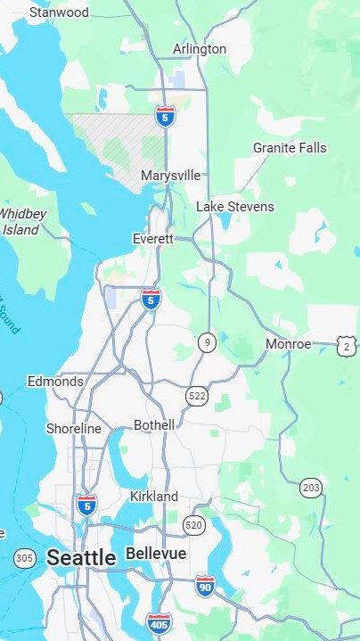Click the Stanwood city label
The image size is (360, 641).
[59, 12]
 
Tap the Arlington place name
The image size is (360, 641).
[200, 49]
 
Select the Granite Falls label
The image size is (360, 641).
[290, 148]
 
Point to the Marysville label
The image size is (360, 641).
[170, 176]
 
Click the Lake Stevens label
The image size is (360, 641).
[235, 207]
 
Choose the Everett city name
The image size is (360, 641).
[152, 239]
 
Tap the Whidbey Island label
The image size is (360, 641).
[21, 221]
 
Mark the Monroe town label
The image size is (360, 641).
[288, 343]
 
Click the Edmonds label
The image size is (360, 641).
[55, 382]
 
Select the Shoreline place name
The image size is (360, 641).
[74, 429]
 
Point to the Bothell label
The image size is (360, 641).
[154, 425]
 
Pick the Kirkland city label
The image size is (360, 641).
[154, 496]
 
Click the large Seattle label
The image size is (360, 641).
[81, 558]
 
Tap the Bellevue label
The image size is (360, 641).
[156, 554]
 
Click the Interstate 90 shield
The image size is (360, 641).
[205, 586]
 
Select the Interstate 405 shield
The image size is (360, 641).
[159, 621]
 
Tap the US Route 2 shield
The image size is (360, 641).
[346, 345]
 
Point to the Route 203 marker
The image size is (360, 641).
[311, 487]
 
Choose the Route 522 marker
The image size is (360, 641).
[197, 394]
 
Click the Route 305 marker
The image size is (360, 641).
[25, 559]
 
